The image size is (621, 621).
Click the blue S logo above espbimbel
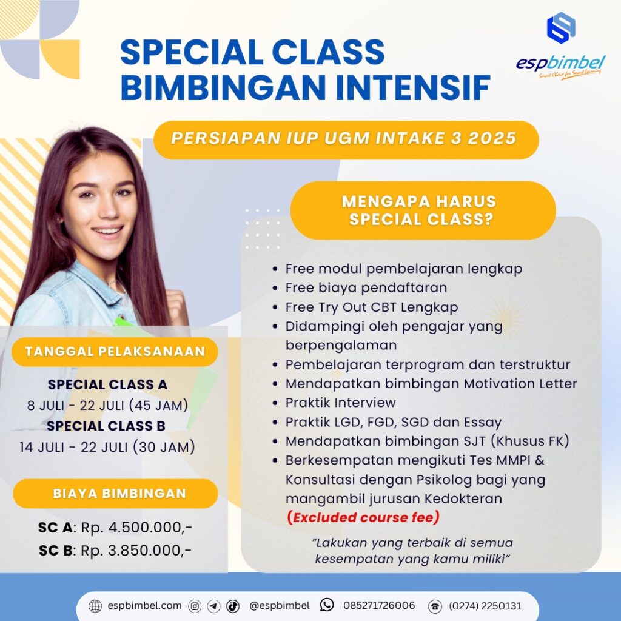561,27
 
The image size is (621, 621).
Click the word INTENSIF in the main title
412,87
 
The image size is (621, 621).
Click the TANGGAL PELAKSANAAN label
115,352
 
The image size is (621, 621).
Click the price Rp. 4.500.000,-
136,528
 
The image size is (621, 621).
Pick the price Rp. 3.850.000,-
136,551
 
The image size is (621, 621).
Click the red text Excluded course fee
363,518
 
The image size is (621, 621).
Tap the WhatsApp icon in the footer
327,605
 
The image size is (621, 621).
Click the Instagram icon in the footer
195,606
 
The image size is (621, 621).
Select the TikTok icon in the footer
233,606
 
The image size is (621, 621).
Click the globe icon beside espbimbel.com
95,606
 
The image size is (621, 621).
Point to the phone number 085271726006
379,606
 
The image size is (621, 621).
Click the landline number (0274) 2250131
485,606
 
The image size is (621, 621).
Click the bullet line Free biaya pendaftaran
366,288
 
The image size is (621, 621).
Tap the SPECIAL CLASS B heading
106,426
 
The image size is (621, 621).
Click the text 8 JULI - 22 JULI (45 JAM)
107,406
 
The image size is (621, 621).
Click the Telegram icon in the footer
214,606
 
